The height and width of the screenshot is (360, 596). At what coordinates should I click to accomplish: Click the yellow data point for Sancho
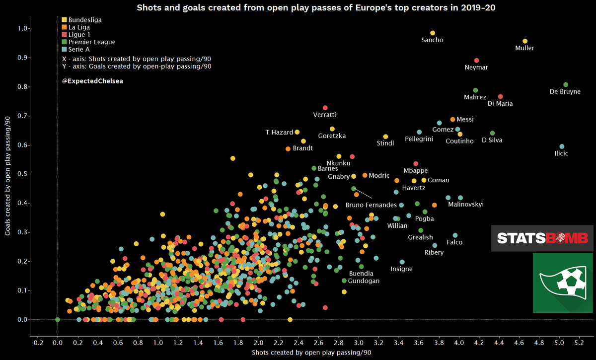coord(432,33)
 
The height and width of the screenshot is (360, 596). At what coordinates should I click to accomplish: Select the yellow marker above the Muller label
coord(525,41)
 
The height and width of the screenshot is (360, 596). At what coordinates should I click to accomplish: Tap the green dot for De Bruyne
coord(566,84)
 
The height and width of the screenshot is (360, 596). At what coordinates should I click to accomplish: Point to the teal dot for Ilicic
coord(562,146)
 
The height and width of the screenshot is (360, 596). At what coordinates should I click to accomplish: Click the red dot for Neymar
coord(476,61)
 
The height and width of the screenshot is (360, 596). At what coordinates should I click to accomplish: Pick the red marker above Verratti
coord(325,108)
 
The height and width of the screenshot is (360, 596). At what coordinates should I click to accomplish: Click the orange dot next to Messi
coord(452,120)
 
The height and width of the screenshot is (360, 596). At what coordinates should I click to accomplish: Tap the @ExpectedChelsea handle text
coord(92,80)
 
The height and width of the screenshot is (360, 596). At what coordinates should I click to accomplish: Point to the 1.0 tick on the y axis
coord(22,29)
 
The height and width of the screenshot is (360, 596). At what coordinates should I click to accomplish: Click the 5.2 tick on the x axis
coord(579,343)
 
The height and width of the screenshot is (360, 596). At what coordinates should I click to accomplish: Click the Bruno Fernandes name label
coord(371,205)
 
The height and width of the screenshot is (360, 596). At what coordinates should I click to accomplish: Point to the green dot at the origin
coord(58,319)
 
